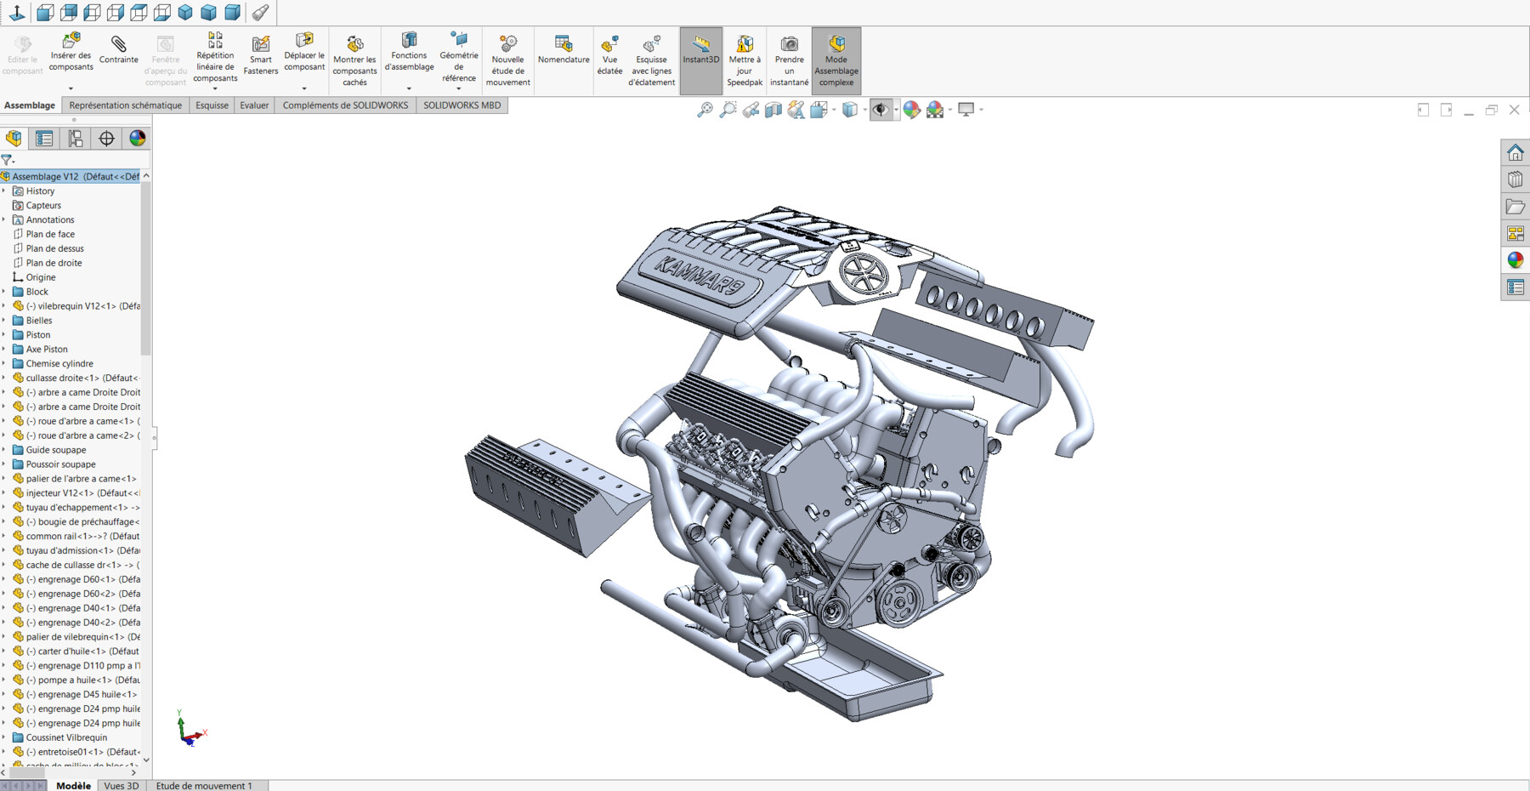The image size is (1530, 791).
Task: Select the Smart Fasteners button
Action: coord(260,54)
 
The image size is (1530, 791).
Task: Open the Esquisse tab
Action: coord(212,105)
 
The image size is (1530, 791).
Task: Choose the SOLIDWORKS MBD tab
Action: coord(462,105)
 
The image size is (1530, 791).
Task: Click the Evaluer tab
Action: coord(253,105)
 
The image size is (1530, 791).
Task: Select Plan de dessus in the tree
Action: coord(54,248)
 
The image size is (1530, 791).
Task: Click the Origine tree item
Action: coord(40,277)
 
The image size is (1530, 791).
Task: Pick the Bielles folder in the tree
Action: coord(38,321)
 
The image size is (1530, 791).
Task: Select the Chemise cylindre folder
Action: coord(59,363)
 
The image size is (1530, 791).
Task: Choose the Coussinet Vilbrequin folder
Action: coord(66,737)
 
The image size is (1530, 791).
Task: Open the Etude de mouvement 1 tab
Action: coord(204,785)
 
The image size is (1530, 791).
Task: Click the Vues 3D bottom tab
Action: coord(121,785)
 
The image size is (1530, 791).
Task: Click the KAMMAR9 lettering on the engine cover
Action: coord(698,274)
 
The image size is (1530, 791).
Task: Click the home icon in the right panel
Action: coord(1515,153)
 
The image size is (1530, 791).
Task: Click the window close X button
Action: coord(1514,110)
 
